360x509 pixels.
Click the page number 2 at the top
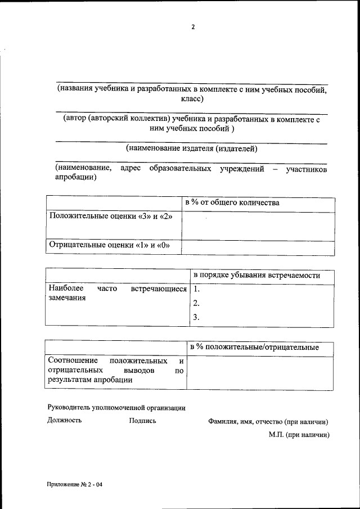click(x=192, y=27)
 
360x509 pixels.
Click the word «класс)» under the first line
click(x=192, y=99)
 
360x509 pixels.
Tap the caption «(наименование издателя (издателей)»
click(x=192, y=149)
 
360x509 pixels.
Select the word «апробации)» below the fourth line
click(x=75, y=178)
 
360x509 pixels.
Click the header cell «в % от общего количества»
click(x=232, y=203)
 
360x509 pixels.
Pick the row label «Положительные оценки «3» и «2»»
click(x=111, y=217)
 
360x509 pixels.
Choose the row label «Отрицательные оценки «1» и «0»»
click(x=109, y=245)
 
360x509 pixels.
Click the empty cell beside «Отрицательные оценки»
click(x=258, y=246)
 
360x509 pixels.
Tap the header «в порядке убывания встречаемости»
click(x=256, y=276)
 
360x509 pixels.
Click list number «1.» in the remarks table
click(x=196, y=290)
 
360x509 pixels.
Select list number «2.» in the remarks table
click(x=196, y=304)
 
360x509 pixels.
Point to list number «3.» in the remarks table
click(x=196, y=317)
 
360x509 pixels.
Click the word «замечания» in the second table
click(x=67, y=298)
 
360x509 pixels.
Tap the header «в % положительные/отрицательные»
click(x=254, y=348)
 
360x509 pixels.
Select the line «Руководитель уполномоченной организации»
click(x=116, y=408)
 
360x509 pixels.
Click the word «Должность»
click(x=65, y=420)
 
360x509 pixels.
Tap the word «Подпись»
click(x=142, y=420)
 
